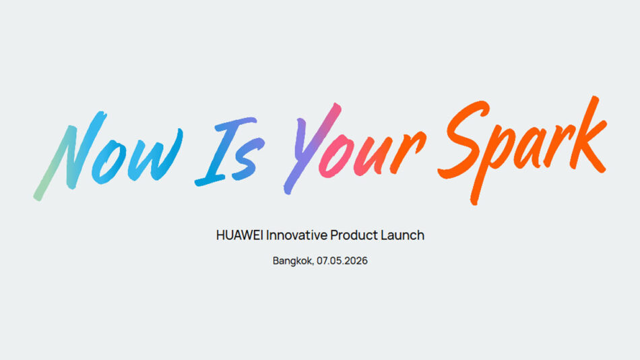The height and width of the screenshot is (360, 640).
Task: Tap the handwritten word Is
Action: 230,152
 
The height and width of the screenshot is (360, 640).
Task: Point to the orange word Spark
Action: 522,150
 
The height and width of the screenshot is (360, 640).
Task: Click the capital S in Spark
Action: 463,139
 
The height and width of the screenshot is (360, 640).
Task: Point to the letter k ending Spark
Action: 587,135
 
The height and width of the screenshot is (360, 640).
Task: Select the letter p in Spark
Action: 490,163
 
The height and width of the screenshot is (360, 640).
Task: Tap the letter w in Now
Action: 155,155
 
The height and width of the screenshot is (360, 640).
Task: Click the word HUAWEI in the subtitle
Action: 240,235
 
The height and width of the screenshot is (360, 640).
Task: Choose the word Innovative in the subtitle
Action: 296,235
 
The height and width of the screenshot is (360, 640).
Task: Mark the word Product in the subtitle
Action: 354,235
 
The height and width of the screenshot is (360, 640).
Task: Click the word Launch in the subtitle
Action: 402,235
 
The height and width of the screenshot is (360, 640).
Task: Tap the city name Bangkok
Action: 293,261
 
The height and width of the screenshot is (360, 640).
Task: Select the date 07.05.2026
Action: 342,261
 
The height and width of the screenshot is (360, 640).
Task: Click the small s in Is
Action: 248,159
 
